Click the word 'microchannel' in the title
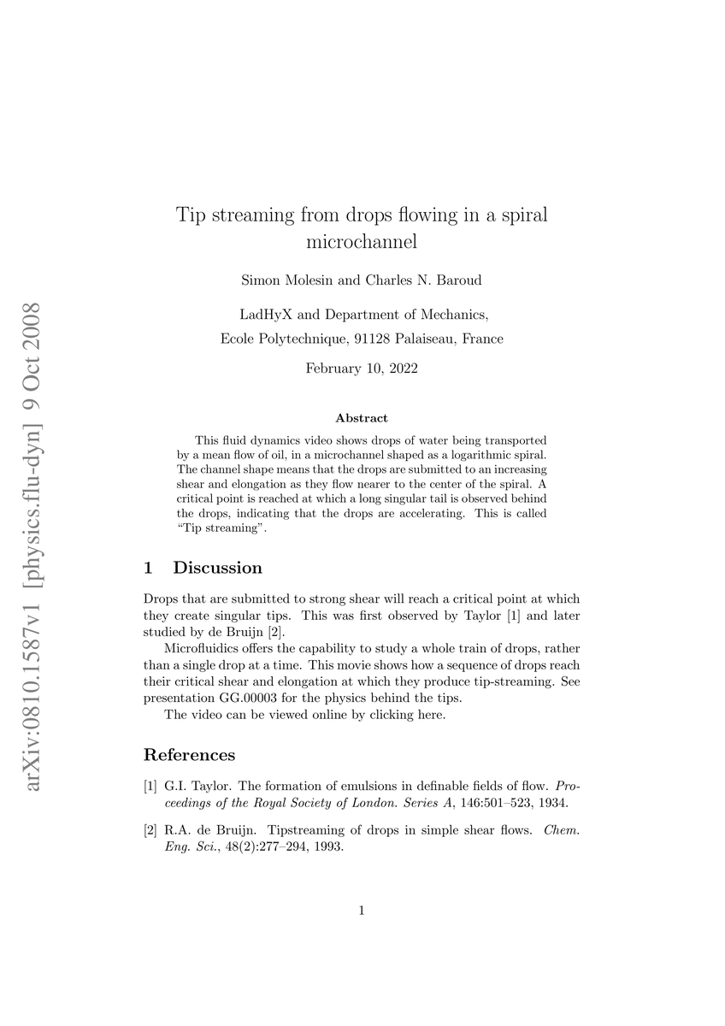pyautogui.click(x=362, y=242)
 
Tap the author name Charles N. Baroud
pyautogui.click(x=411, y=280)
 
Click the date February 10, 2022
pyautogui.click(x=362, y=369)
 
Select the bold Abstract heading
pyautogui.click(x=362, y=418)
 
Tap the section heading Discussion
pyautogui.click(x=217, y=568)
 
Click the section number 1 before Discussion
pyautogui.click(x=149, y=568)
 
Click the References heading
pyautogui.click(x=189, y=755)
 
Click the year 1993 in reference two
pyautogui.click(x=329, y=847)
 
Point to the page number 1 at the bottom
pyautogui.click(x=362, y=911)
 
